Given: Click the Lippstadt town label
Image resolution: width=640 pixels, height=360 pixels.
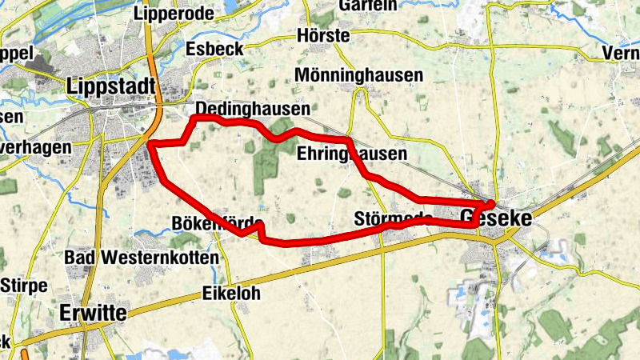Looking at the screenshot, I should tap(113, 86).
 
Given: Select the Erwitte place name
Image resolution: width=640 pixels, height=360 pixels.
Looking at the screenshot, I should tap(93, 313).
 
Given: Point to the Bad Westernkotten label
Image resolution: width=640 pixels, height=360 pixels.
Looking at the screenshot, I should tap(141, 258).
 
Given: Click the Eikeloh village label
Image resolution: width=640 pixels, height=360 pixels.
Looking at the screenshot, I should tap(231, 294).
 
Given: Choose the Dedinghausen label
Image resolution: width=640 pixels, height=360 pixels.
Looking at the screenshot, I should tap(253, 108).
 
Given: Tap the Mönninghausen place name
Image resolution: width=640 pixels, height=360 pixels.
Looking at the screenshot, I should tap(358, 75).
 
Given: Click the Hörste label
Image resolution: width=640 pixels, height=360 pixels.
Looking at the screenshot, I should tap(322, 36).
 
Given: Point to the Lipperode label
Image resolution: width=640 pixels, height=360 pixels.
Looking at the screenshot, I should tap(174, 14).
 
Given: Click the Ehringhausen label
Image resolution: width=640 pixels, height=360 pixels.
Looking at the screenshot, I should tap(352, 153).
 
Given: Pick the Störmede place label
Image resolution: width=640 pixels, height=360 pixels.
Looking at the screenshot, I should tap(392, 218).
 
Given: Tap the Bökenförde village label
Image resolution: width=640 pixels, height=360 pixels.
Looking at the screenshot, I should tap(217, 222).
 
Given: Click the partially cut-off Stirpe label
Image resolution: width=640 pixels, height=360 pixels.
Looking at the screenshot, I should tap(24, 286).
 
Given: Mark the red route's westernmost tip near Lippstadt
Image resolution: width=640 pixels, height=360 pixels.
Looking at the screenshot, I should tap(150, 145).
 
